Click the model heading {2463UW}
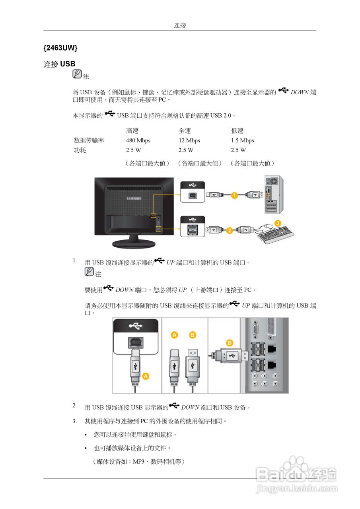tap(60, 48)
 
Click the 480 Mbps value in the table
tap(138, 140)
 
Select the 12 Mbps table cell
tap(189, 140)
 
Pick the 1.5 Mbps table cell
tap(242, 140)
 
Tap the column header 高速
tap(132, 131)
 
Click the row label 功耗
tap(80, 150)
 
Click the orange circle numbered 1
tap(235, 195)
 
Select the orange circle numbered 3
tap(278, 223)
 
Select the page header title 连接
tap(180, 25)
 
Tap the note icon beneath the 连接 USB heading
tap(77, 74)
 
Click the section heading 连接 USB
tap(59, 64)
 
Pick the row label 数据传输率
tap(89, 140)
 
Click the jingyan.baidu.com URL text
tap(297, 488)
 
